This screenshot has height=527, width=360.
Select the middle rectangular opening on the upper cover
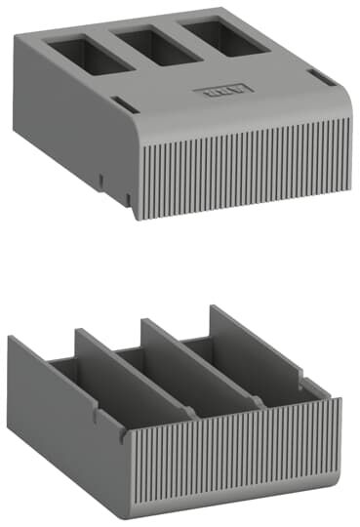click(161, 45)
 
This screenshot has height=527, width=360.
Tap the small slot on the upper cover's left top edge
click(117, 101)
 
